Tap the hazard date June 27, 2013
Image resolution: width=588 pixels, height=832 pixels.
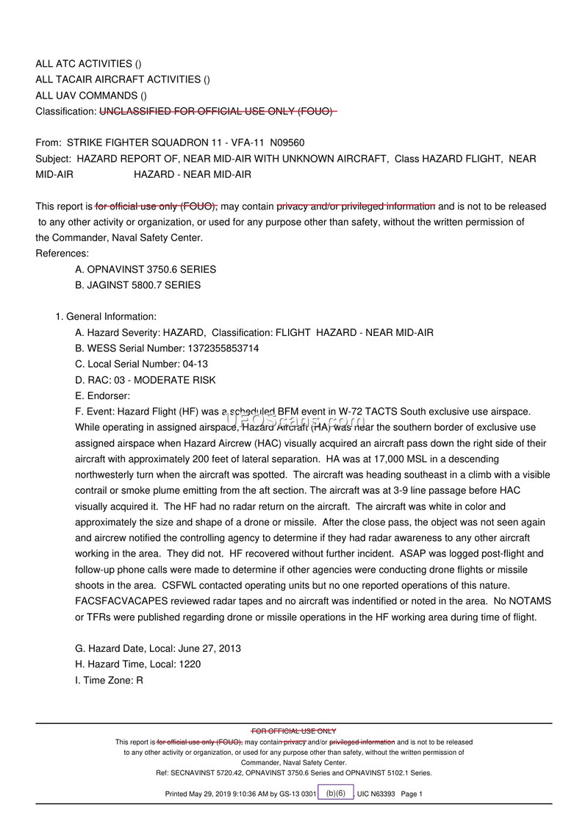pos(199,648)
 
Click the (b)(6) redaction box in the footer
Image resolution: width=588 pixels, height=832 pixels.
pos(336,793)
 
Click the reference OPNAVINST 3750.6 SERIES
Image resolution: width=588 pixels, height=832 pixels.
pos(151,269)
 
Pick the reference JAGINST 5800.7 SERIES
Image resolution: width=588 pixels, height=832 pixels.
pos(143,285)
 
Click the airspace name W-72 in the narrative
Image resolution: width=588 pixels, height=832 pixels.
pos(351,412)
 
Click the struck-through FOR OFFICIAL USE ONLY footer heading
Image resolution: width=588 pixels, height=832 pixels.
pos(294,731)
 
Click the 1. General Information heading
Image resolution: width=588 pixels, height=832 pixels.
pos(106,317)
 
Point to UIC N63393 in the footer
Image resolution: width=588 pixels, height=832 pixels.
pos(376,794)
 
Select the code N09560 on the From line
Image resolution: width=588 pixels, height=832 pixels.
pos(287,143)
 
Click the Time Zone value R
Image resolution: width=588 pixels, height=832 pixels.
pos(139,680)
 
